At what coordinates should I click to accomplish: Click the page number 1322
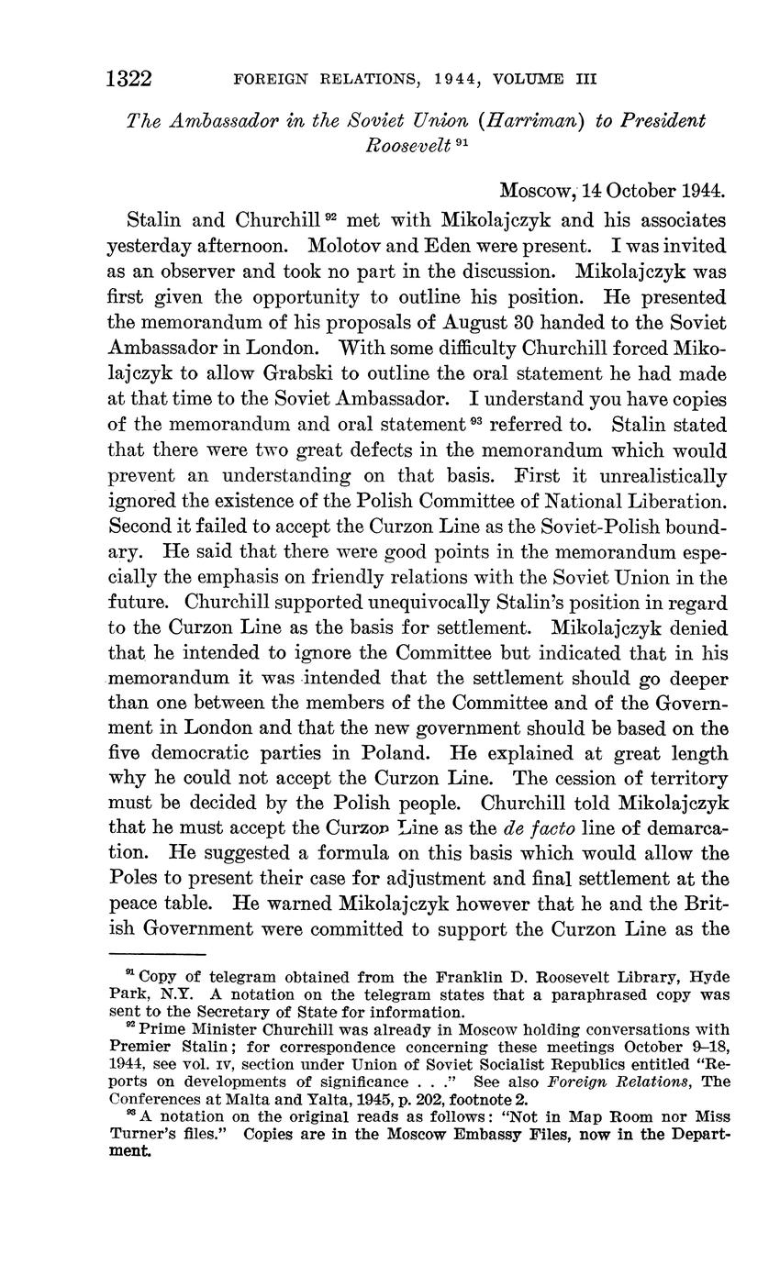[129, 78]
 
